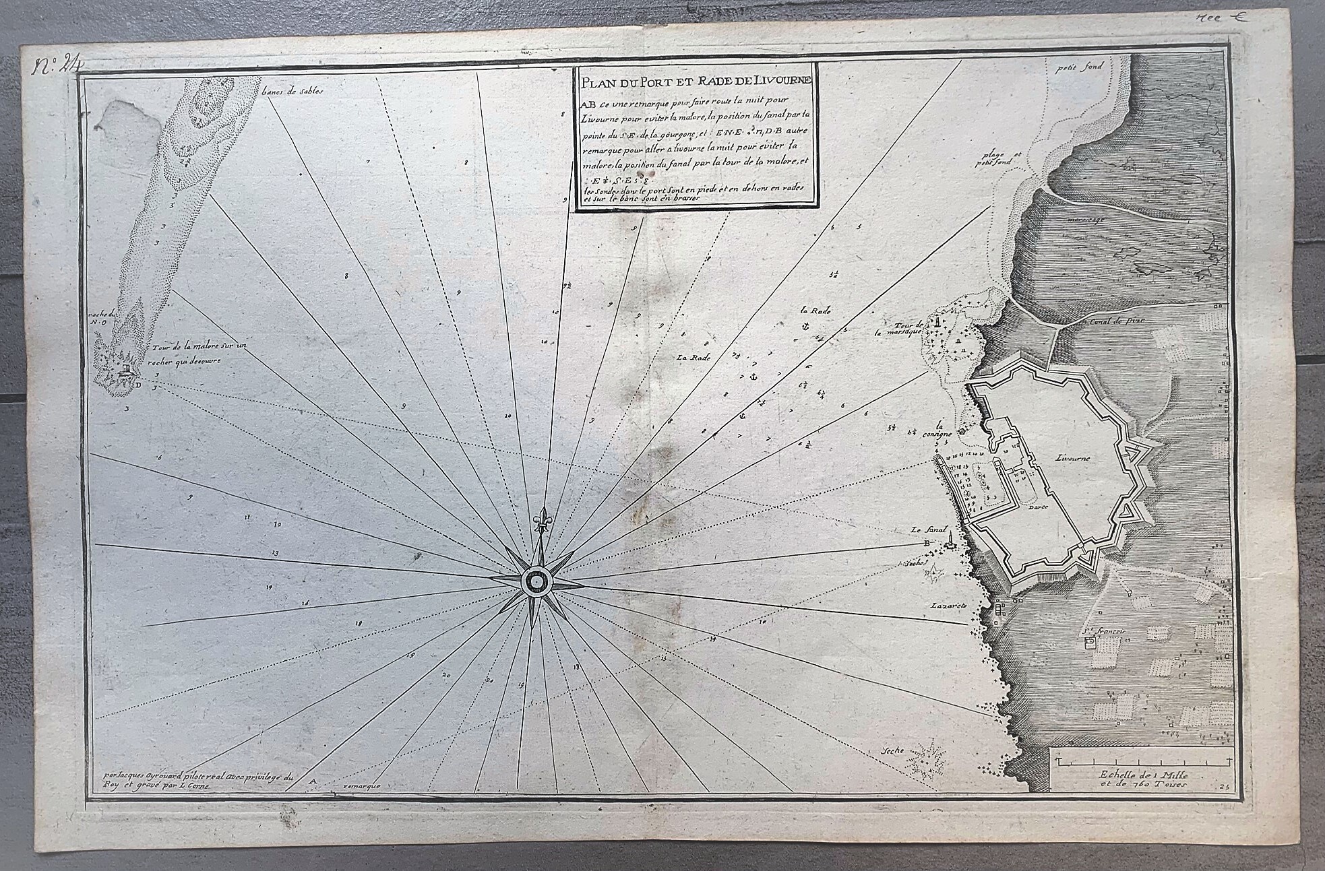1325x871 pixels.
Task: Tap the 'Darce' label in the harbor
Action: point(1037,511)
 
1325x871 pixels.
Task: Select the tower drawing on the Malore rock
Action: point(125,369)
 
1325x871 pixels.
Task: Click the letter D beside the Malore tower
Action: point(137,385)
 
